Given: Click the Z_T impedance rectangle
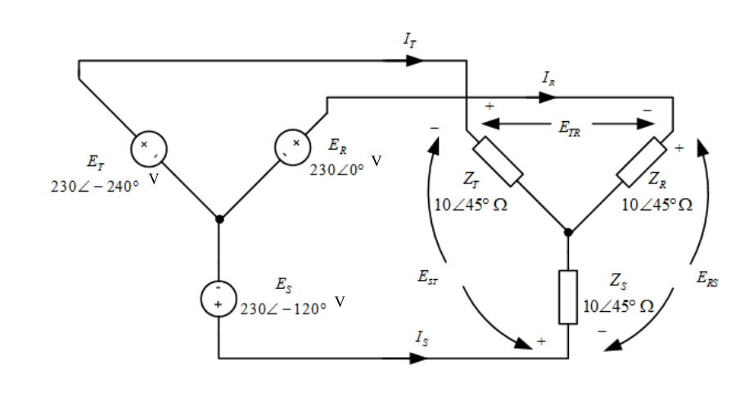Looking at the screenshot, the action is point(498,161).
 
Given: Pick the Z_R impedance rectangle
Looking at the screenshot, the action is point(642,162).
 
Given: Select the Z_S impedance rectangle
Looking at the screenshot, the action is point(568,297).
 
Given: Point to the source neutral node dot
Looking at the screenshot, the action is point(219,219).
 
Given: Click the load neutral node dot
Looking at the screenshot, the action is point(568,232).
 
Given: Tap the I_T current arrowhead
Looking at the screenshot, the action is point(414,61).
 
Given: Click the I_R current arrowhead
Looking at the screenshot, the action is point(547,97).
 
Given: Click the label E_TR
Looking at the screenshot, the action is point(570,129).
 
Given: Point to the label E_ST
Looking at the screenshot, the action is point(427,277).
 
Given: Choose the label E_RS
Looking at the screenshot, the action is point(707,278).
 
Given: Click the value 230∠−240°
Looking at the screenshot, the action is point(95,187).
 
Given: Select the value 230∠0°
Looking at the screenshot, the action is point(336,170).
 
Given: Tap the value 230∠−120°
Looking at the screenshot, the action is point(283,309).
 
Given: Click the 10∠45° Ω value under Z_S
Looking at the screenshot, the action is point(619,306).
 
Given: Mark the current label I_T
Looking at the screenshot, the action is point(409,40).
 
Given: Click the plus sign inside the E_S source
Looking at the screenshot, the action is point(219,305).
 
